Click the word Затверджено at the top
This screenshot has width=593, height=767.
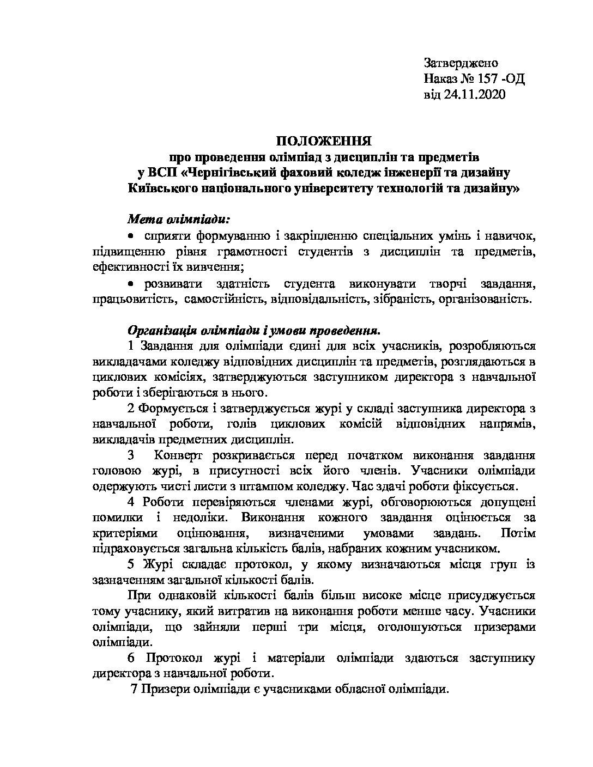(x=461, y=63)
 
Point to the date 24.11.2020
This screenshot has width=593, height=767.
(x=475, y=95)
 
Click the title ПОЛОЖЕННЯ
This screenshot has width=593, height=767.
(x=323, y=142)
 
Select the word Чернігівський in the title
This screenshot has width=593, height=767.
(x=233, y=173)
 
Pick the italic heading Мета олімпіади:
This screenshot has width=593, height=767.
(x=179, y=220)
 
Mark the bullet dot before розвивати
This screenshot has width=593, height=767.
(x=130, y=283)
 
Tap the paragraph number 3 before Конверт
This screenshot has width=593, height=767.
(x=131, y=455)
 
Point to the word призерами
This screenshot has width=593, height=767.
(x=504, y=627)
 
